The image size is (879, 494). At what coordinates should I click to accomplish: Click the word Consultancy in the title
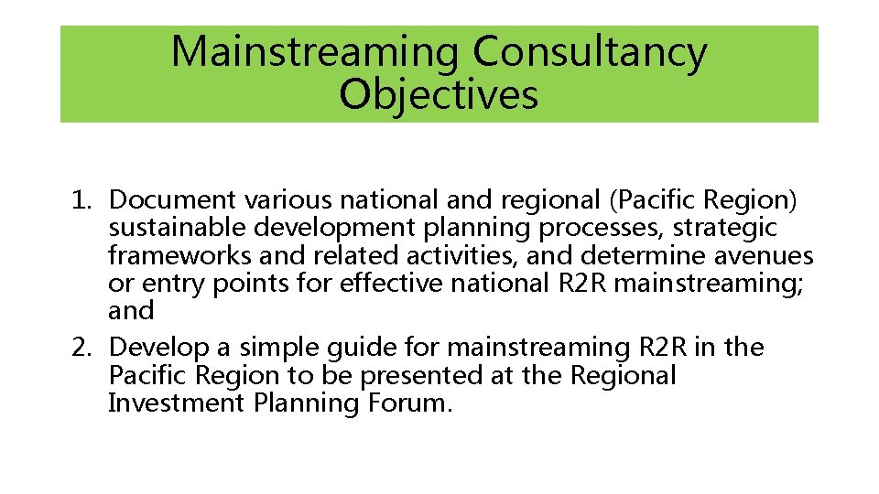point(590,53)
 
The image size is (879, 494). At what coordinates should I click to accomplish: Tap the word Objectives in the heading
point(439,94)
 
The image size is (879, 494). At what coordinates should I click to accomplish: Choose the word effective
point(392,284)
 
